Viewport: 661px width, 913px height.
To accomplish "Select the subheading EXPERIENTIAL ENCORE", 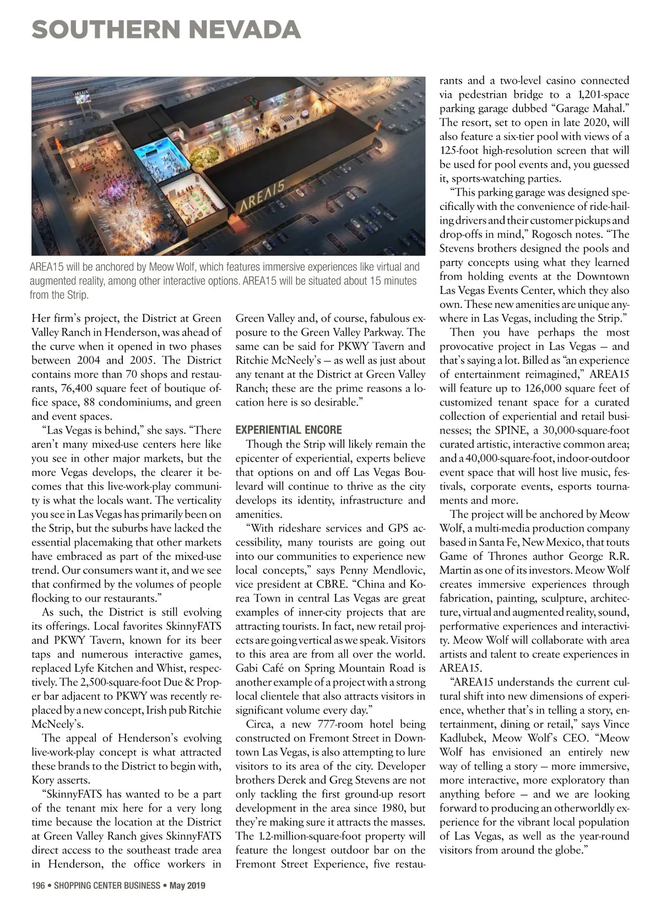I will (288, 430).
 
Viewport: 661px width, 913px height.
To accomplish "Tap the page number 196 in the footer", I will (37, 886).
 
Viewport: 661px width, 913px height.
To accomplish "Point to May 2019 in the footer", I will (187, 886).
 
